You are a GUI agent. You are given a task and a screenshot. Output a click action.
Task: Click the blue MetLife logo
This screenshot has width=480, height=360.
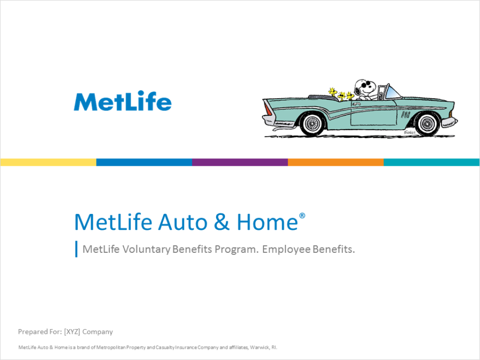(123, 101)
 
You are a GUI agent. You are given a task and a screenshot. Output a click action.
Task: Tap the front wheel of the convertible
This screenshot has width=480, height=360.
(427, 124)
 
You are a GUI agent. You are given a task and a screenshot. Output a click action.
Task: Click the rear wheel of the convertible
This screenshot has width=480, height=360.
(312, 124)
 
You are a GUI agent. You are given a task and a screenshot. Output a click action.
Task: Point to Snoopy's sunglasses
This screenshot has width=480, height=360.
(366, 84)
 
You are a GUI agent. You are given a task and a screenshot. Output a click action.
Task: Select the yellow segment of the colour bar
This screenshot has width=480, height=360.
(49, 162)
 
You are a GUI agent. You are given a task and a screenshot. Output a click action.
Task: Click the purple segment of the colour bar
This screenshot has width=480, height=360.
(240, 162)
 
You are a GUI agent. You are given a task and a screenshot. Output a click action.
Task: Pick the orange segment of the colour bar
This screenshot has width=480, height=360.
(336, 162)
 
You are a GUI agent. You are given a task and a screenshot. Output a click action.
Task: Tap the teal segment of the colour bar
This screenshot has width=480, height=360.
(431, 162)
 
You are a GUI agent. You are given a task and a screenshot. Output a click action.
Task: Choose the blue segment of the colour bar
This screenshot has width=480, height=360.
(144, 162)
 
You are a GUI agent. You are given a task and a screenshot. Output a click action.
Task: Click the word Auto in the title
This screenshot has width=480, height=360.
(183, 222)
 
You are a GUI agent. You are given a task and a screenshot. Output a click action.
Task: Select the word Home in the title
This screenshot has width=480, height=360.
(267, 222)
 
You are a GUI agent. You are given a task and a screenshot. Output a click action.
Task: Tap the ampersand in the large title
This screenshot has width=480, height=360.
(222, 222)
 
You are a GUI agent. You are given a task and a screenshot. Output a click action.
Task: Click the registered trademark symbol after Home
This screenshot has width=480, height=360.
(302, 216)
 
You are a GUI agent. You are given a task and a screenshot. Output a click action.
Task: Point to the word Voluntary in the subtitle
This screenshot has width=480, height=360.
(146, 249)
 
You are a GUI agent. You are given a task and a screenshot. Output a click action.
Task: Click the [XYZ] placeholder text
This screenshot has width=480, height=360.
(72, 332)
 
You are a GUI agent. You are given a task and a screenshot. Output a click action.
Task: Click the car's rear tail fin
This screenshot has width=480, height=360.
(267, 107)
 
